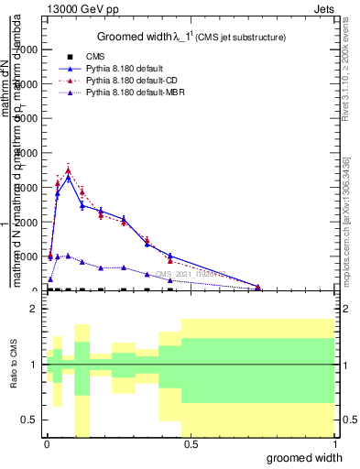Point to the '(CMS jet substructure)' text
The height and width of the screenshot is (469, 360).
[242, 38]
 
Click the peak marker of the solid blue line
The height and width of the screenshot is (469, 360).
[69, 178]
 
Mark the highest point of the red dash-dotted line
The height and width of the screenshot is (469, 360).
[69, 170]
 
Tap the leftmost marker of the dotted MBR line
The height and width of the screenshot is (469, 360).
[50, 278]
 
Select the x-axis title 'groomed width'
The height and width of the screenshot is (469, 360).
[310, 456]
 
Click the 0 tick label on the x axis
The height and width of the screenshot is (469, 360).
[47, 443]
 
